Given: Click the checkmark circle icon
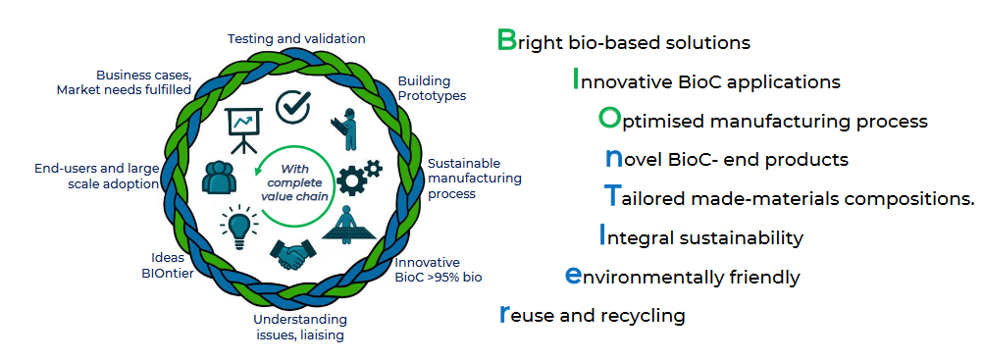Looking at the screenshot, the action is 293,106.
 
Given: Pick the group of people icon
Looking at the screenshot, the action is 219,178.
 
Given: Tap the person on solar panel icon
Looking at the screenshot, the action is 349,224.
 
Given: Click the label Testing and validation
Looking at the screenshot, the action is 296,39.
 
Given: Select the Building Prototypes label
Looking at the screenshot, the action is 432,88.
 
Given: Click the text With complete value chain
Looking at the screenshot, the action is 295,181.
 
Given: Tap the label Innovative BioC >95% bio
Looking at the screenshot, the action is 439,269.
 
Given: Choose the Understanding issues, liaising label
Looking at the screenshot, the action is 300,327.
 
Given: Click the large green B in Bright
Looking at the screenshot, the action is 506,39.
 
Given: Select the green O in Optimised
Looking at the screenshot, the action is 608,118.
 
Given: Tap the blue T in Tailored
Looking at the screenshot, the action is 611,196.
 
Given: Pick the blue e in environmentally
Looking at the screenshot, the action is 572,276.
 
